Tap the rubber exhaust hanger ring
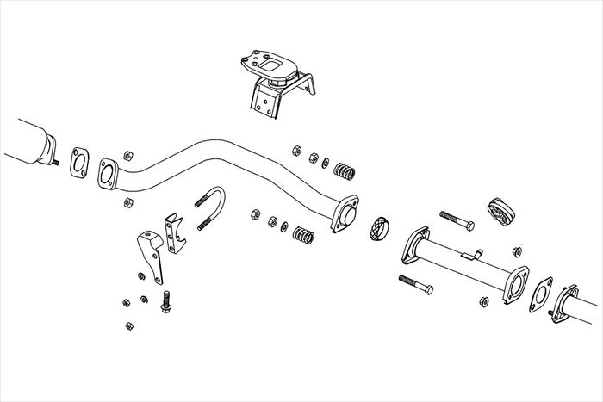(500, 209)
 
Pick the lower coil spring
(304, 233)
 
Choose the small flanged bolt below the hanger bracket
(165, 301)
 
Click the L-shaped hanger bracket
(149, 255)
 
